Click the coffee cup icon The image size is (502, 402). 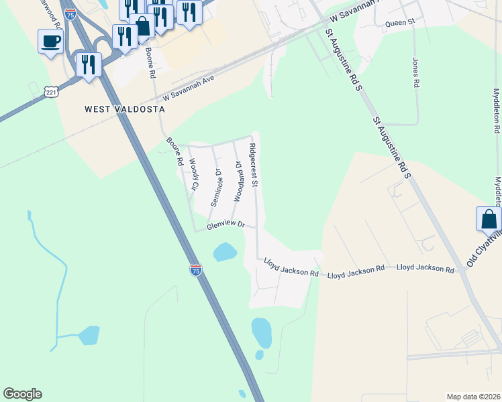click(50, 42)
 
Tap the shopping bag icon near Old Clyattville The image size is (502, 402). click(489, 219)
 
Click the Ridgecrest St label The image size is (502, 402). click(254, 165)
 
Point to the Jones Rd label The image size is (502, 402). click(416, 72)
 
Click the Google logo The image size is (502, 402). click(22, 394)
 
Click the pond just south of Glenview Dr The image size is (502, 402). click(224, 253)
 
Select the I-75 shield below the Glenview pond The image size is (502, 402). click(195, 270)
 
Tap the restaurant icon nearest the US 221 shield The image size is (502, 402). click(89, 65)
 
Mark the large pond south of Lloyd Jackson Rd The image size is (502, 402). click(261, 332)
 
